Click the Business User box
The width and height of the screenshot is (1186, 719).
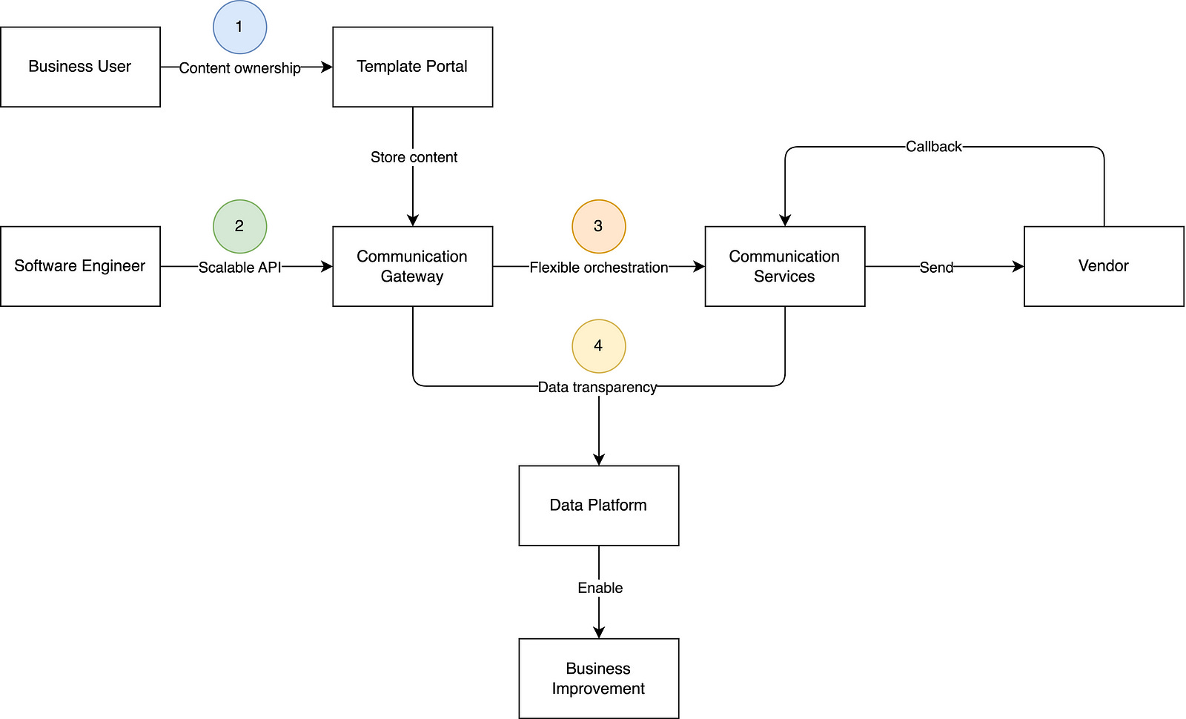[80, 67]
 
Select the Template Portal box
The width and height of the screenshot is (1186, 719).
[412, 67]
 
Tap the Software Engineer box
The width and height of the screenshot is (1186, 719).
[80, 266]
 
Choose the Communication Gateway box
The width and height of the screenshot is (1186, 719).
[412, 266]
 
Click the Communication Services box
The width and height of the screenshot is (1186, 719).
[784, 266]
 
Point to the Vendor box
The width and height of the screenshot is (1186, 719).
[1103, 266]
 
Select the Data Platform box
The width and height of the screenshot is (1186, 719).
[598, 506]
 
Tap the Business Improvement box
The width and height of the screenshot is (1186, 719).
[598, 678]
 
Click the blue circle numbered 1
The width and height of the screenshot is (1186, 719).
[239, 27]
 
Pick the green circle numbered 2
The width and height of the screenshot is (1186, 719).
[239, 226]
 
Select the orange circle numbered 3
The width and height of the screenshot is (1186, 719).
[598, 226]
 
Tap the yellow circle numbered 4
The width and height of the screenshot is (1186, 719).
[598, 345]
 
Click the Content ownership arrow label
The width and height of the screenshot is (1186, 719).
[239, 68]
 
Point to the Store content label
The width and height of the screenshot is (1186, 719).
[414, 157]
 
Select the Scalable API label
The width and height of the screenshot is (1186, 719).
[239, 268]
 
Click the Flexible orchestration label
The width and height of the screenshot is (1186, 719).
[598, 268]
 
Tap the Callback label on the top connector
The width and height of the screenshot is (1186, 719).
[933, 147]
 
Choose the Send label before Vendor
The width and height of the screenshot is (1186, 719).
[936, 268]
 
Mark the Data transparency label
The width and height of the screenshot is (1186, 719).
[597, 387]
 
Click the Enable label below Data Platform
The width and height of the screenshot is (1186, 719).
[600, 588]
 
